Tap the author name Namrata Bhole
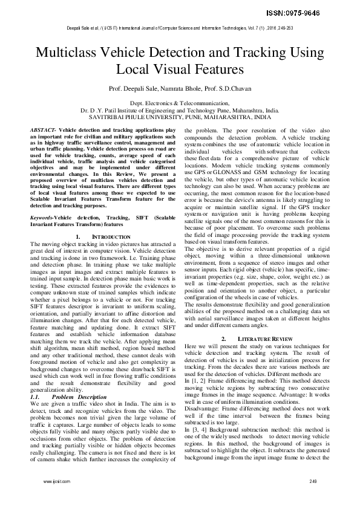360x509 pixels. tap(178, 89)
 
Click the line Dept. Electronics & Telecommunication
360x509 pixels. tap(180, 104)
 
